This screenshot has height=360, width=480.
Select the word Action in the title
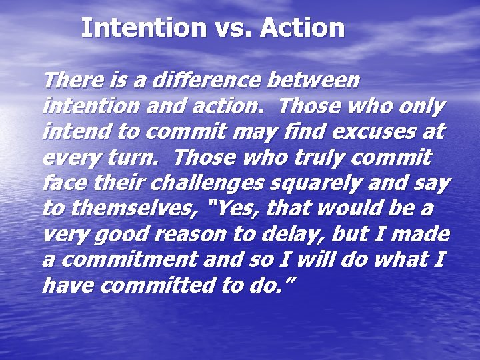tap(303, 28)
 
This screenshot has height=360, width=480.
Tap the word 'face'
tap(61, 183)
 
